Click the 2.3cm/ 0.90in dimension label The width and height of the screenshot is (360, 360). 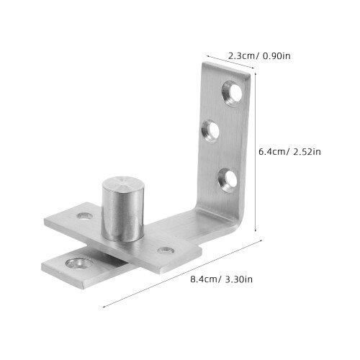click(259, 56)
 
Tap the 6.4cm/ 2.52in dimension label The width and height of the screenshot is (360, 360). click(289, 152)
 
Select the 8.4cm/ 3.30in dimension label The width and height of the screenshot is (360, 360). click(221, 279)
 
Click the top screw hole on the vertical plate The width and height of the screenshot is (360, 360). click(232, 93)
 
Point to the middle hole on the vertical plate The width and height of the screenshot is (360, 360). click(210, 131)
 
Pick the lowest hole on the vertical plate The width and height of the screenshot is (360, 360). click(228, 180)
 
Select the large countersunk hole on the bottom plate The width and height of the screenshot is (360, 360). click(79, 264)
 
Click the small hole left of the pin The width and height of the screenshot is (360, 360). click(85, 216)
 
